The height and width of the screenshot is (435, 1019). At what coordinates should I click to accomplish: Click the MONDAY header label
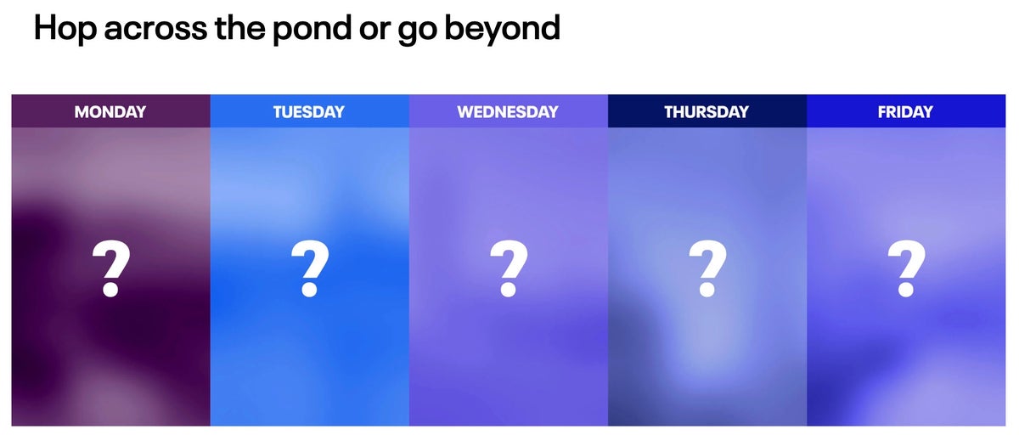[x=110, y=111]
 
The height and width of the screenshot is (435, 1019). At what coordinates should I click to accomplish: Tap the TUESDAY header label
[x=309, y=111]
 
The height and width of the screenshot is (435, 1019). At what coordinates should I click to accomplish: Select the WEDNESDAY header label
[x=508, y=111]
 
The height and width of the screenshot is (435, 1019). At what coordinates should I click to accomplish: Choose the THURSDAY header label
[x=707, y=111]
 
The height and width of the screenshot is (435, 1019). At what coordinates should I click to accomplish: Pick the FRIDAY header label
[x=905, y=111]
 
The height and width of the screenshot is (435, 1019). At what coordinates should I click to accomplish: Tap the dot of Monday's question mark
[x=110, y=289]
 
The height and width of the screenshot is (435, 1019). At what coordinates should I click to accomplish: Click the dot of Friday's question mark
[x=905, y=289]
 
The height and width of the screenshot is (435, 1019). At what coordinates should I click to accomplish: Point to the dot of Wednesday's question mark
[x=508, y=289]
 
